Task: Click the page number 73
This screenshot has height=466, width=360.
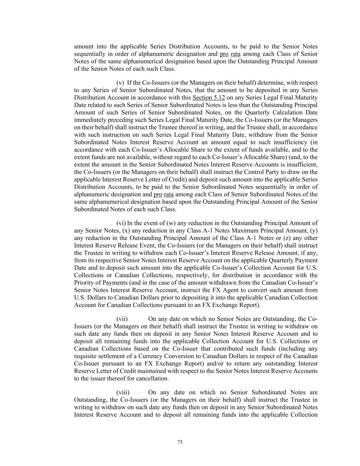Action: pos(180,442)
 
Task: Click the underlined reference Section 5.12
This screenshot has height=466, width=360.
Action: pos(208,98)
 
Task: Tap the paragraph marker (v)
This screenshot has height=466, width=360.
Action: pos(120,83)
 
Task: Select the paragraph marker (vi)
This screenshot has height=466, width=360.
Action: pos(121,223)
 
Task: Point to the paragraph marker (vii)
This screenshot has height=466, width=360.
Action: pos(122,319)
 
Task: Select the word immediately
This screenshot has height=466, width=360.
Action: pos(89,120)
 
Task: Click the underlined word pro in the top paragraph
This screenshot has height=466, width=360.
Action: pos(224,54)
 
